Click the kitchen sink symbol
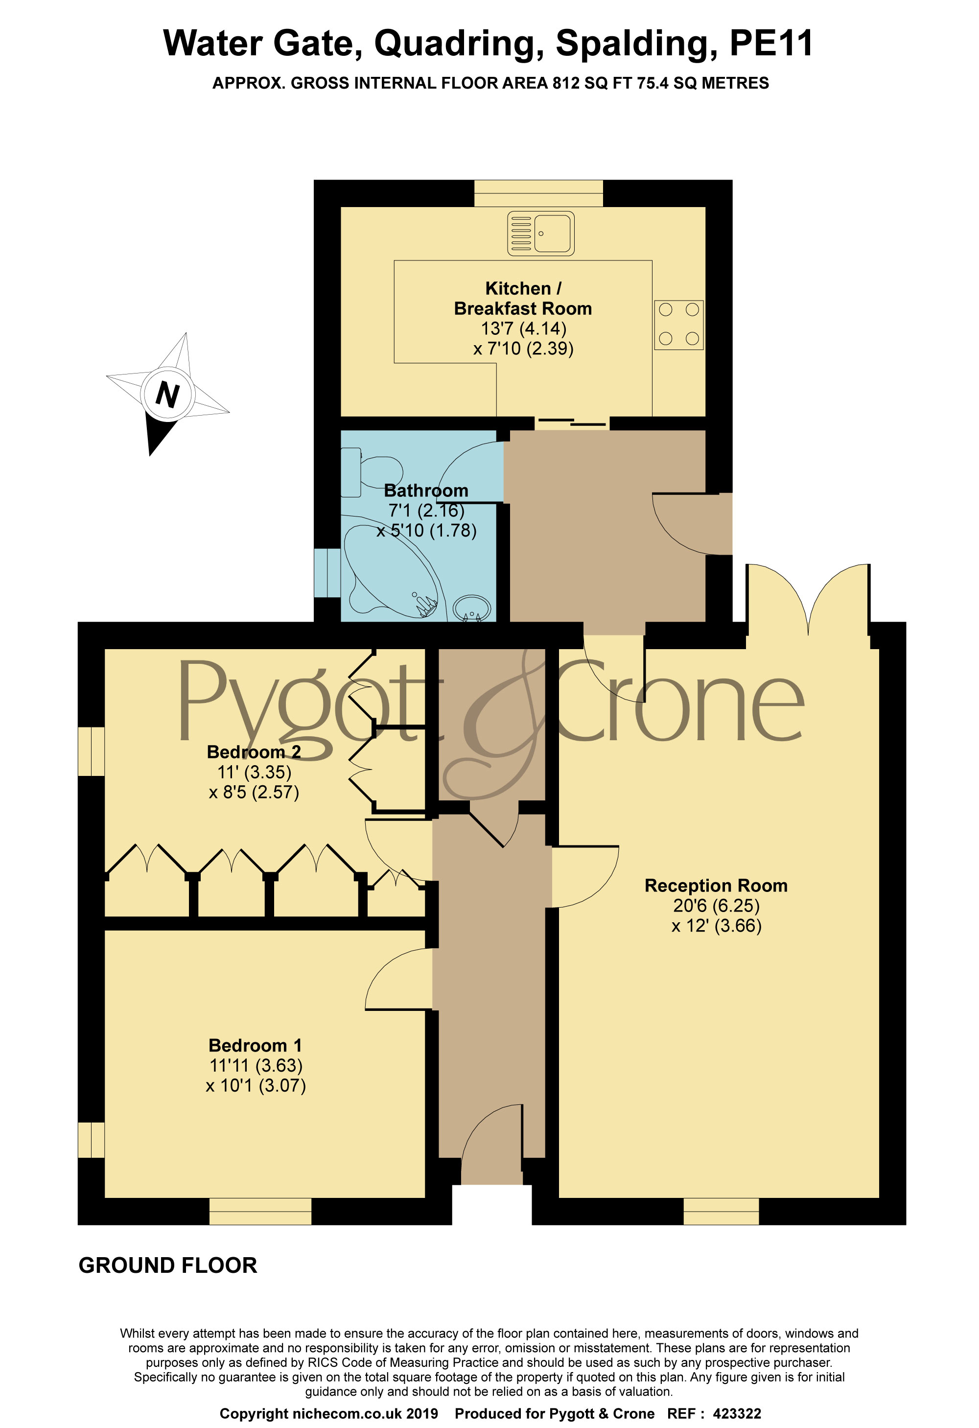(x=541, y=234)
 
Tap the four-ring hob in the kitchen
(x=678, y=325)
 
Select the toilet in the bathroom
(x=371, y=472)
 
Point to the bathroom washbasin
(x=472, y=609)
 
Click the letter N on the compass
(x=167, y=394)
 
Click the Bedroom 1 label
(x=255, y=1045)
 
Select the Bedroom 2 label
(x=254, y=751)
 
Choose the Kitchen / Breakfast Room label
(x=523, y=298)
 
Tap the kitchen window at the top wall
(x=538, y=193)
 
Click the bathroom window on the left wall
(x=327, y=573)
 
